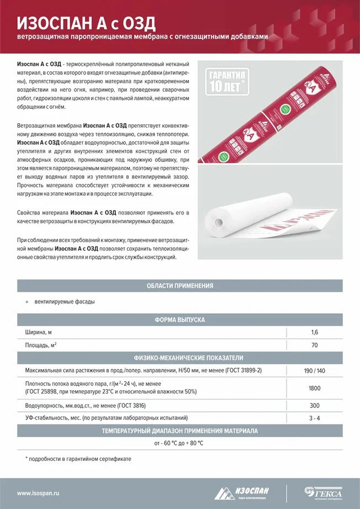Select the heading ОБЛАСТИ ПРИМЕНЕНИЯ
point(179,286)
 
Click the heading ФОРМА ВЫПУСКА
point(179,320)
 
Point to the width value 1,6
point(315,333)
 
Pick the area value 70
point(315,345)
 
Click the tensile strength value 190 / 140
point(315,370)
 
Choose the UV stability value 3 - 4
point(315,418)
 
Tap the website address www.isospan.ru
point(38,493)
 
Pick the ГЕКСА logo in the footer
point(324,492)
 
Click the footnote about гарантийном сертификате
point(78,459)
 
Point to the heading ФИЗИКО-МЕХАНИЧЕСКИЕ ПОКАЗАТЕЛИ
point(179,358)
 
